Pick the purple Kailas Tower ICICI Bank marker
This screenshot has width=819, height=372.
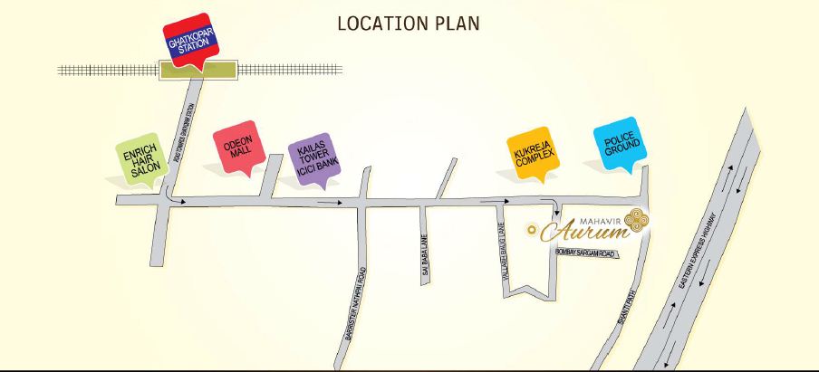pos(310,159)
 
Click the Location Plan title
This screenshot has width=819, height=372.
pos(409,23)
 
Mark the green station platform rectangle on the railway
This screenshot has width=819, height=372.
pos(198,70)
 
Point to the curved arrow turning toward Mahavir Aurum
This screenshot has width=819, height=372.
pos(552,206)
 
